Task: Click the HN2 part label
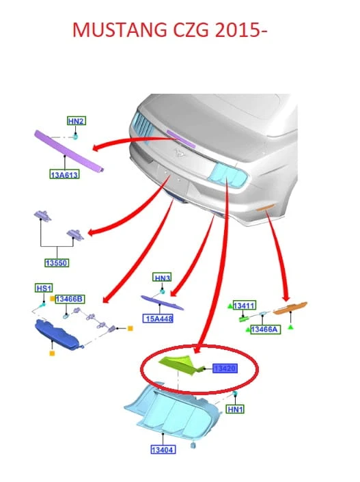(x=77, y=121)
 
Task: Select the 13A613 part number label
(x=64, y=175)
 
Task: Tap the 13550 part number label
(x=57, y=263)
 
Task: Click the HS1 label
(x=44, y=289)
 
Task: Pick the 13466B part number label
(x=70, y=299)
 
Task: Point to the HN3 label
(x=162, y=278)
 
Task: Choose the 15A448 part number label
(x=158, y=318)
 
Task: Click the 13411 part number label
(x=245, y=306)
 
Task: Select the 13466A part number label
(x=265, y=330)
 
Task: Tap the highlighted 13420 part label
(x=225, y=369)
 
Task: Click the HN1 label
(x=235, y=409)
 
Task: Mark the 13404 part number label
(x=163, y=450)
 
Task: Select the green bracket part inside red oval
(x=182, y=365)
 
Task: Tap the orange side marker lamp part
(x=290, y=308)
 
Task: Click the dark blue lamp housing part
(x=57, y=335)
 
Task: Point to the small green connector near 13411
(x=244, y=319)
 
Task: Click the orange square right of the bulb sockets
(x=130, y=329)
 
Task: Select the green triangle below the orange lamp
(x=290, y=327)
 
